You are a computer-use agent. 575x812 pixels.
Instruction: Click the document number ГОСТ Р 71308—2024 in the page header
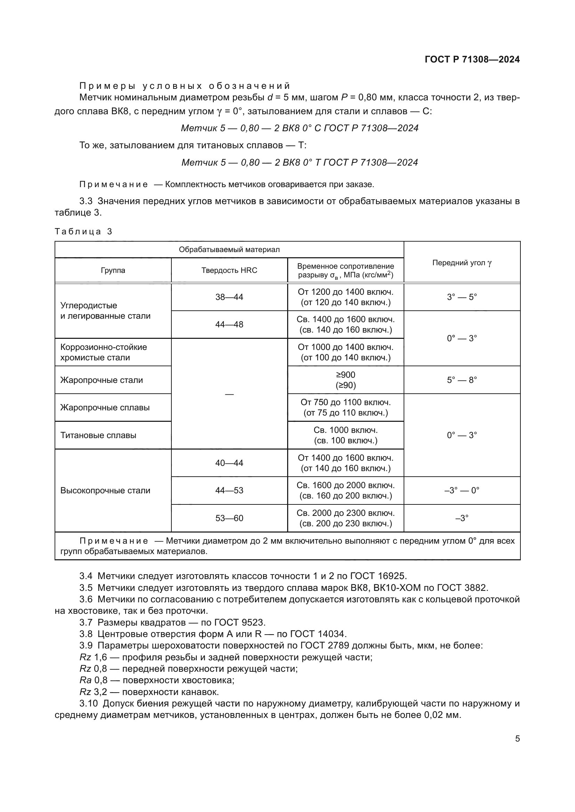tap(472, 59)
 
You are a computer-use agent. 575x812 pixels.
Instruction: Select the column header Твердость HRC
tap(229, 270)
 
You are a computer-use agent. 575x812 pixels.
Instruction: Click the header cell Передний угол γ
tap(462, 262)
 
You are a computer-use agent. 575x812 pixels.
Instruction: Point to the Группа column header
tap(113, 270)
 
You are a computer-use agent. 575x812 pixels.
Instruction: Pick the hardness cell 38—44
tap(229, 297)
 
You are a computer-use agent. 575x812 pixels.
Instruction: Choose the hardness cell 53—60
tap(229, 518)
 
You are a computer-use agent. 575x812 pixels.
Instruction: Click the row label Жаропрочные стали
tap(102, 380)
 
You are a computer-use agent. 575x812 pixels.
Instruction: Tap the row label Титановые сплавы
tap(98, 435)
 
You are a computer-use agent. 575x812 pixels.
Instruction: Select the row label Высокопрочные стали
tap(106, 491)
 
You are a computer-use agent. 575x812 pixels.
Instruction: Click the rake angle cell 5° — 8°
tap(462, 380)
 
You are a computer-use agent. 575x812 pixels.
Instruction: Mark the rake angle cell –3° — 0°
tap(462, 491)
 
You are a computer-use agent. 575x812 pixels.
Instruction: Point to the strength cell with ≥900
tap(346, 375)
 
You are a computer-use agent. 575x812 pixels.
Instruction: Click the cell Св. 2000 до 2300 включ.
tap(346, 513)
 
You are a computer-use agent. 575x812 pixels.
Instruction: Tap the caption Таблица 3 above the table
tap(83, 232)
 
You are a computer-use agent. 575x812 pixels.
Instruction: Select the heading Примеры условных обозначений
tap(185, 86)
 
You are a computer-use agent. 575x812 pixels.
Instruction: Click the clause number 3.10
tap(89, 704)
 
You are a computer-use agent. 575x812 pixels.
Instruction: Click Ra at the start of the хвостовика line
tap(85, 680)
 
